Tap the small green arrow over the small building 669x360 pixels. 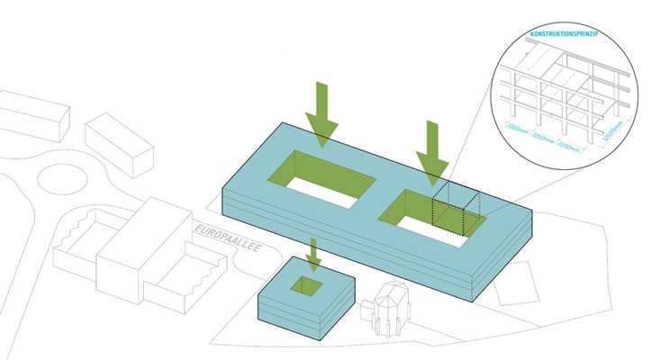click(312, 255)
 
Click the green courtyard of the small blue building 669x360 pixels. click(311, 286)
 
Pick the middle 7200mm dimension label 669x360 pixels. click(545, 139)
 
